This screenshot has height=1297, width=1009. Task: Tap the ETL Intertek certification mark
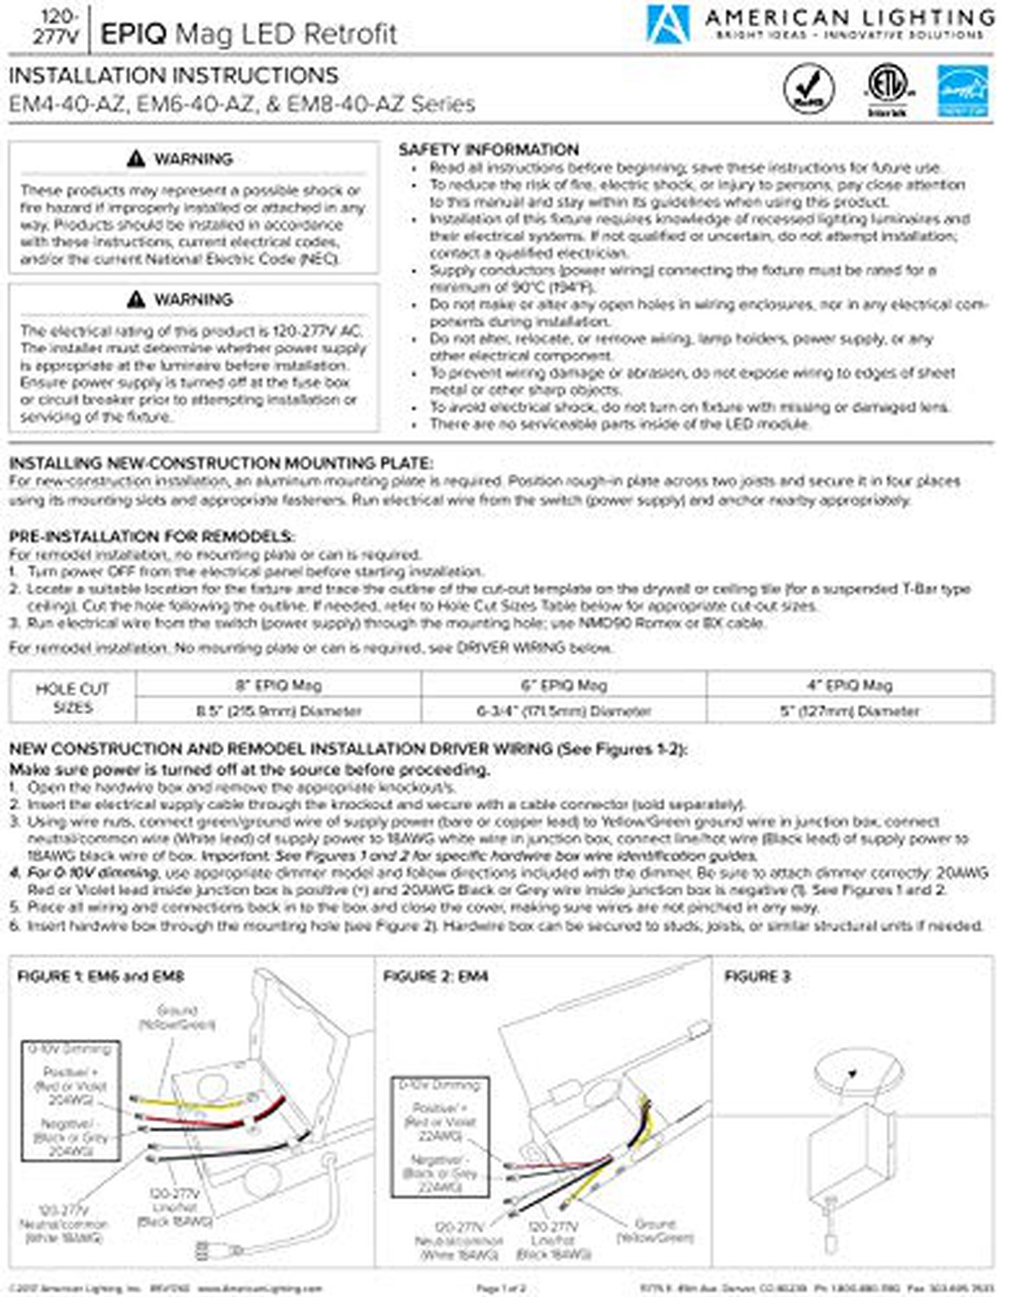coord(887,88)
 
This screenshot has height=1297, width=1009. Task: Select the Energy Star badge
coord(963,91)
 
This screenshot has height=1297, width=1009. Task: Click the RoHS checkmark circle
coord(809,89)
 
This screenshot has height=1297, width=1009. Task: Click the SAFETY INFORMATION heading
coord(488,150)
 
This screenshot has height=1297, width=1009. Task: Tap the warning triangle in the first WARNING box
coord(136,159)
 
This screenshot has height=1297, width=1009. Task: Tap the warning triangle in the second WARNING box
coord(136,299)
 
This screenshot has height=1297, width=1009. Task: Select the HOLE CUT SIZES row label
coord(72,697)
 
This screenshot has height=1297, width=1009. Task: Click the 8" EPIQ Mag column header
coord(278,685)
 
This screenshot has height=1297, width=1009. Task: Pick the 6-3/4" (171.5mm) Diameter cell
coord(563,711)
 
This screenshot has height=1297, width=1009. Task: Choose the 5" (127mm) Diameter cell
coord(849,711)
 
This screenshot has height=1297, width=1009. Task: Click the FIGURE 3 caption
coord(757,976)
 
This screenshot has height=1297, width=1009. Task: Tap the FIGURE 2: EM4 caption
coord(436,976)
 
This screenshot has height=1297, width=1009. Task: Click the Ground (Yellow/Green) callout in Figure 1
coord(177,1017)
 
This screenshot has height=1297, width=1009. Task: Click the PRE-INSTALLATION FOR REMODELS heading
coord(151,536)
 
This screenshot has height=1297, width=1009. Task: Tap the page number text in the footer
coord(500,1288)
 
